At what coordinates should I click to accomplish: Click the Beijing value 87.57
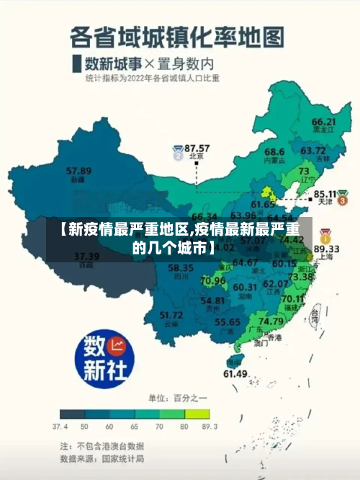[x=197, y=147]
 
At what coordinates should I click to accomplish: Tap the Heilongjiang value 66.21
[x=324, y=122]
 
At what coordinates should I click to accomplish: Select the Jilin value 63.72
[x=313, y=150]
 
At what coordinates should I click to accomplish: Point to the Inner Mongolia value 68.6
[x=274, y=152]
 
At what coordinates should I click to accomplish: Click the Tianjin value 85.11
[x=326, y=194]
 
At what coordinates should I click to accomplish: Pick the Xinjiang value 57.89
[x=78, y=171]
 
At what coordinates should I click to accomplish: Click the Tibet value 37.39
[x=86, y=256]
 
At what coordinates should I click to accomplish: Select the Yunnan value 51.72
[x=171, y=314]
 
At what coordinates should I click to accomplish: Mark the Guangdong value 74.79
[x=271, y=321]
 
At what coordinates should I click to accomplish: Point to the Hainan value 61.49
[x=235, y=373]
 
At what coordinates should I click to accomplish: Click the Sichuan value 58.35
[x=180, y=267]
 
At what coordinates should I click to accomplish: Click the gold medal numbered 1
[x=325, y=236]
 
